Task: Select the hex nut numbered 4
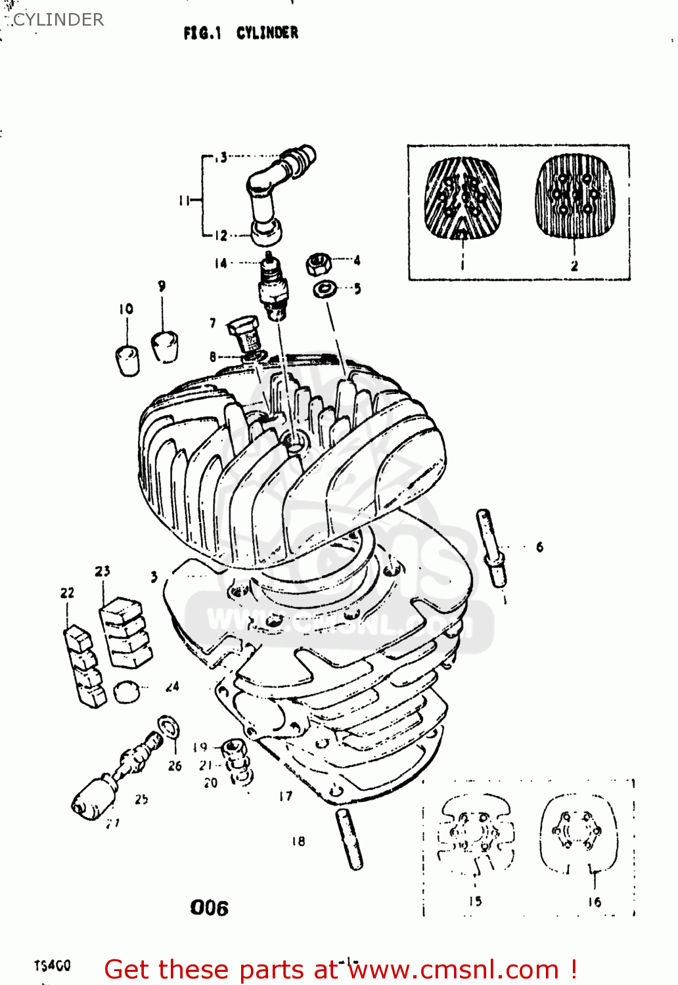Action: click(318, 264)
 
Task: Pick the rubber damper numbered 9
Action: click(165, 345)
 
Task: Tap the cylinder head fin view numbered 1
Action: click(463, 197)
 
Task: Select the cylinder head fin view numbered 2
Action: click(576, 196)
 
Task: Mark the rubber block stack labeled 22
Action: click(84, 666)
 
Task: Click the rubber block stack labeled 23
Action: click(125, 632)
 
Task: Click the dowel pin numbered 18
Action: click(350, 839)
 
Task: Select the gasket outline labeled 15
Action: click(476, 834)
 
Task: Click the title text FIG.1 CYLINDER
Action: click(240, 33)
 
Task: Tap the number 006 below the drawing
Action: click(209, 908)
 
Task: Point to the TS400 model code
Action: click(53, 965)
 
